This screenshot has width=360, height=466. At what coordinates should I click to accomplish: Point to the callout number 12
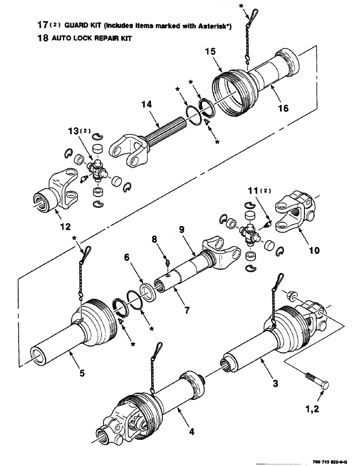coord(65,227)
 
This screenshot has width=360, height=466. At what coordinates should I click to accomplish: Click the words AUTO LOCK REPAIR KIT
coord(86,39)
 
